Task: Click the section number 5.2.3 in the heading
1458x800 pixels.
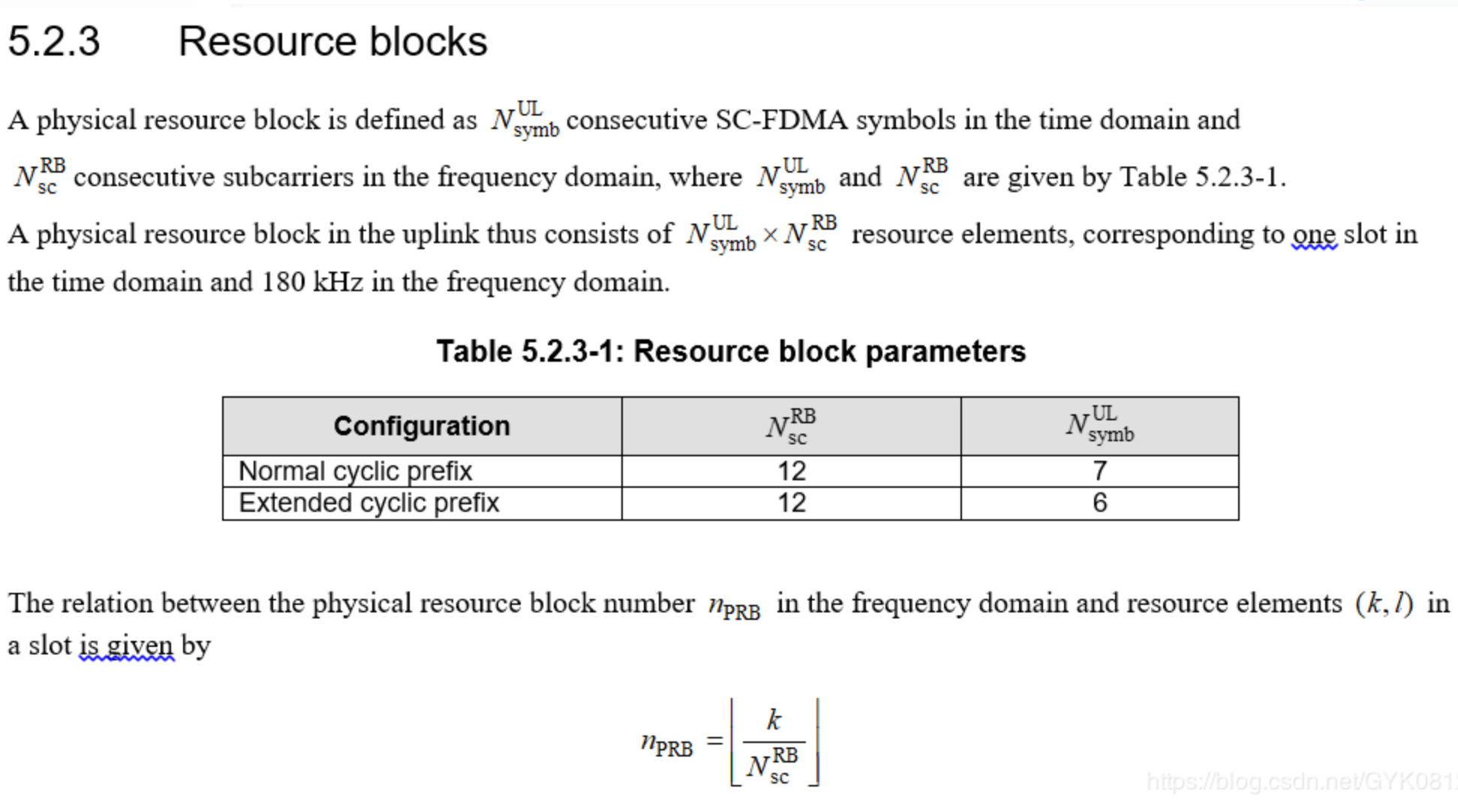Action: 53,41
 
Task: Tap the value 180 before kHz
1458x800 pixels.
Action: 283,282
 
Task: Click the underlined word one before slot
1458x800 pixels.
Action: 1314,234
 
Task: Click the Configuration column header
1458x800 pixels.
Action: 422,426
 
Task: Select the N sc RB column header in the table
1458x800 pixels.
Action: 791,426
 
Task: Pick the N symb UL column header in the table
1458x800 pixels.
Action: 1099,425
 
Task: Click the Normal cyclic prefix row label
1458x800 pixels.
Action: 355,471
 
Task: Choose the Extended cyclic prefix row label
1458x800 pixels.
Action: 368,503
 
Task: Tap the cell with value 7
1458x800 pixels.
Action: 1099,471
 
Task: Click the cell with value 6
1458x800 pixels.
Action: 1099,503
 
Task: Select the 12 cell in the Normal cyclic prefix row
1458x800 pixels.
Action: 791,471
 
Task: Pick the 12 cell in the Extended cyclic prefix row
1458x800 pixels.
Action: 791,503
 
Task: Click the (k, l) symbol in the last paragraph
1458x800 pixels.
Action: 1384,603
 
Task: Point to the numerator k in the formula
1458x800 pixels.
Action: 774,720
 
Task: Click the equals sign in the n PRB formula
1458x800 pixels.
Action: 714,742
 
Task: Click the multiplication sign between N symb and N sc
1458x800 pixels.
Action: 770,235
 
